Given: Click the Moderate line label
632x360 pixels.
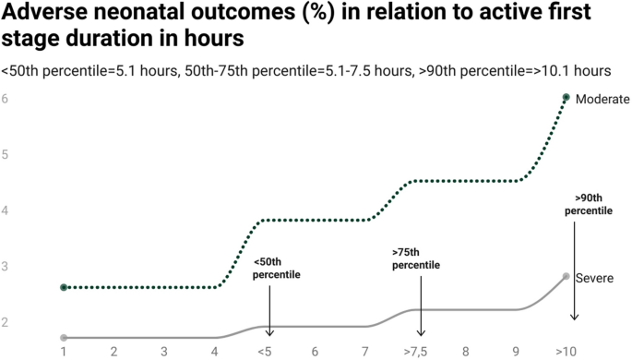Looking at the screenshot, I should (602, 99).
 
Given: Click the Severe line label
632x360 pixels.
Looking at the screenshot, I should (596, 278).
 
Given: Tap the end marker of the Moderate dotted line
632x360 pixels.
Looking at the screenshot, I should (566, 97).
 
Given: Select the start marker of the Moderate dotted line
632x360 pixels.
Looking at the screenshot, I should (64, 287).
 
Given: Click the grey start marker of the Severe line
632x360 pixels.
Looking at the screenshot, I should (64, 338).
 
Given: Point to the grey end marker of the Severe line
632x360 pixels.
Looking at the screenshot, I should (566, 276).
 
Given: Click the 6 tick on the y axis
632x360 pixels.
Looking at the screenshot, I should (6, 98).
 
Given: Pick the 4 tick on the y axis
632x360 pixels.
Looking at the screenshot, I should (6, 210).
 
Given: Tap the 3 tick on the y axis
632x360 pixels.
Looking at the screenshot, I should (6, 267).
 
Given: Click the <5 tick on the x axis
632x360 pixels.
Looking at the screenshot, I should (265, 352).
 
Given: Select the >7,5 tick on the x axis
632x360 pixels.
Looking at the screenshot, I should (415, 352).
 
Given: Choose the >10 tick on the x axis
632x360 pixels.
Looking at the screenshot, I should (566, 352).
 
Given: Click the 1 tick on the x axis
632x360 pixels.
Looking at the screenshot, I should (64, 352).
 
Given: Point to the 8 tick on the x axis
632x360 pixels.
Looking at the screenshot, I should (466, 352).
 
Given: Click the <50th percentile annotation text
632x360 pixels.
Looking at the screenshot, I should (277, 269).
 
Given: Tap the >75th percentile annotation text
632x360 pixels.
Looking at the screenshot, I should (416, 258).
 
